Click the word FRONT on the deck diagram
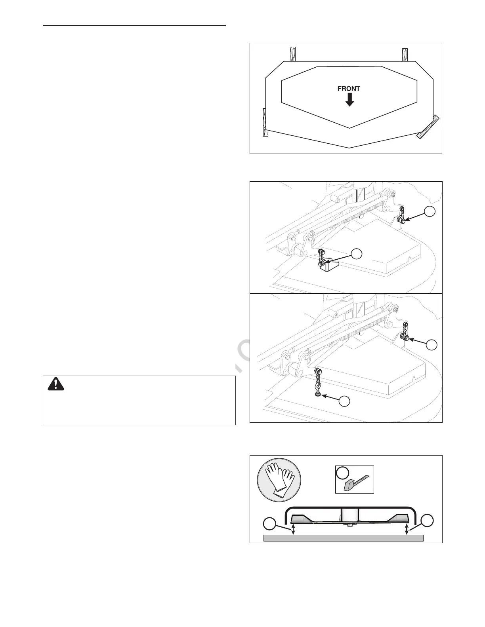(349, 89)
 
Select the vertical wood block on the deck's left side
(265, 122)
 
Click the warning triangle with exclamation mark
(55, 384)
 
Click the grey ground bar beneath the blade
(344, 538)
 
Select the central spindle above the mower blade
(349, 516)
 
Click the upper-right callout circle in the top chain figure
(430, 212)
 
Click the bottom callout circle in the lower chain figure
(344, 401)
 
